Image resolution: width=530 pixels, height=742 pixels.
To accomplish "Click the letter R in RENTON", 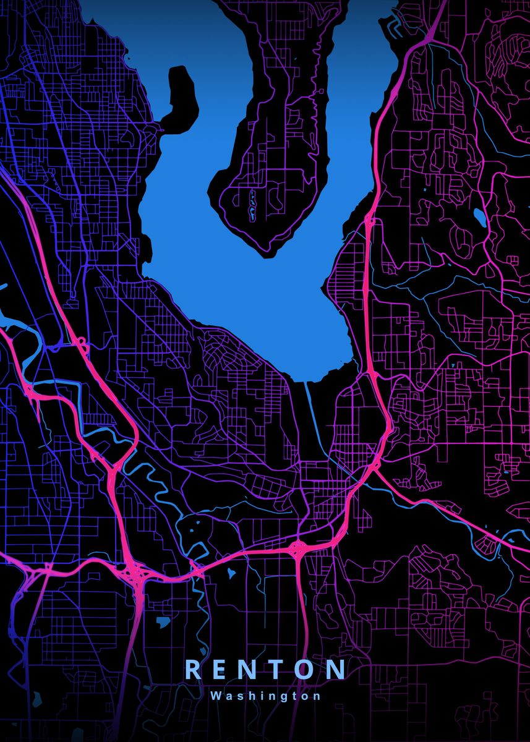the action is pyautogui.click(x=193, y=670).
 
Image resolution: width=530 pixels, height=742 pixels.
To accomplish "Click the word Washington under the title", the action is pyautogui.click(x=265, y=696).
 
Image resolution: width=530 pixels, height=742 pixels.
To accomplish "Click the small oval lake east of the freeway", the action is pyautogui.click(x=479, y=216).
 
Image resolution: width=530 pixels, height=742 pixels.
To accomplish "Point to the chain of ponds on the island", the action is pyautogui.click(x=252, y=205).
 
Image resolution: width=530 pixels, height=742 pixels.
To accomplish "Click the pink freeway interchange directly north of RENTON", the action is pyautogui.click(x=298, y=547).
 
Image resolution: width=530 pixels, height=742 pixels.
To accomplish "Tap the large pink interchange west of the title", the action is pyautogui.click(x=134, y=572).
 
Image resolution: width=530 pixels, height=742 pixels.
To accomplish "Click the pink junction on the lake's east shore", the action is pyautogui.click(x=370, y=221).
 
